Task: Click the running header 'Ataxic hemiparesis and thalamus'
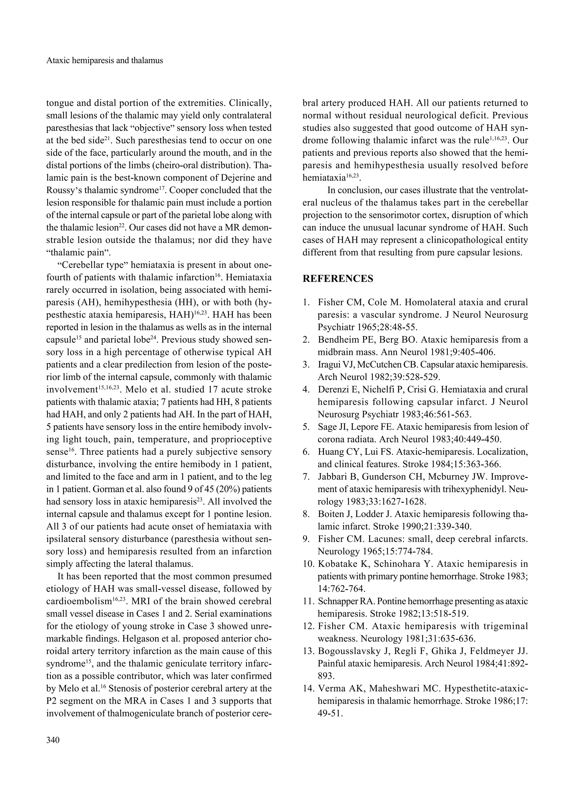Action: coord(105,60)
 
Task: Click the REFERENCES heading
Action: coord(338,279)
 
